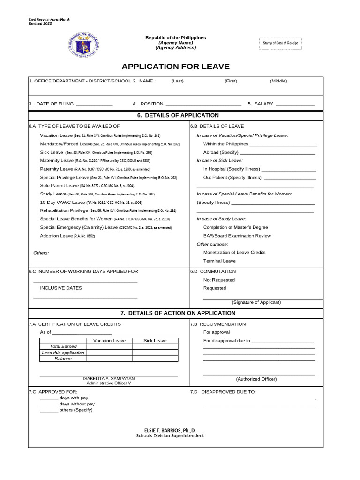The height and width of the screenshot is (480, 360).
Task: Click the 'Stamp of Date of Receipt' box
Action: pyautogui.click(x=280, y=43)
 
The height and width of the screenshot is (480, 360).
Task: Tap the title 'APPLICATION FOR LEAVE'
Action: pyautogui.click(x=176, y=67)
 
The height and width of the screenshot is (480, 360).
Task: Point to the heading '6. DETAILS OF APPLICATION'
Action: pyautogui.click(x=175, y=115)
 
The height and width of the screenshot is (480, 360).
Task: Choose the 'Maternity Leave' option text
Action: pyautogui.click(x=57, y=160)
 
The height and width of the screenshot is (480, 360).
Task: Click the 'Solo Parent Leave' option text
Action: pyautogui.click(x=60, y=186)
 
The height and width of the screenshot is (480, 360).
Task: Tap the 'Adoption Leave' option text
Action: pyautogui.click(x=57, y=236)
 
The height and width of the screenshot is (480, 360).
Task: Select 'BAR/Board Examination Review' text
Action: pyautogui.click(x=237, y=236)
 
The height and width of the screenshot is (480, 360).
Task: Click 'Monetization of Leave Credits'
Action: pyautogui.click(x=234, y=252)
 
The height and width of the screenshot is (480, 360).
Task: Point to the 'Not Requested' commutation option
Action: pyautogui.click(x=219, y=280)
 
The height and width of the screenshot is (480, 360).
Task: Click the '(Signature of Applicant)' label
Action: pyautogui.click(x=256, y=302)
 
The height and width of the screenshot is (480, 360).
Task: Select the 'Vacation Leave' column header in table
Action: pyautogui.click(x=109, y=341)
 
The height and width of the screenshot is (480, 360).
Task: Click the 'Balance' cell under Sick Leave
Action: pyautogui.click(x=155, y=359)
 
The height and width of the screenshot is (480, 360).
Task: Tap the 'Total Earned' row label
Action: pyautogui.click(x=63, y=346)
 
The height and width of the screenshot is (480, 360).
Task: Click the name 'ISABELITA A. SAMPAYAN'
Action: pyautogui.click(x=109, y=378)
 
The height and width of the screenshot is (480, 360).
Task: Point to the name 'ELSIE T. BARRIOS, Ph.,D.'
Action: pyautogui.click(x=170, y=430)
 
